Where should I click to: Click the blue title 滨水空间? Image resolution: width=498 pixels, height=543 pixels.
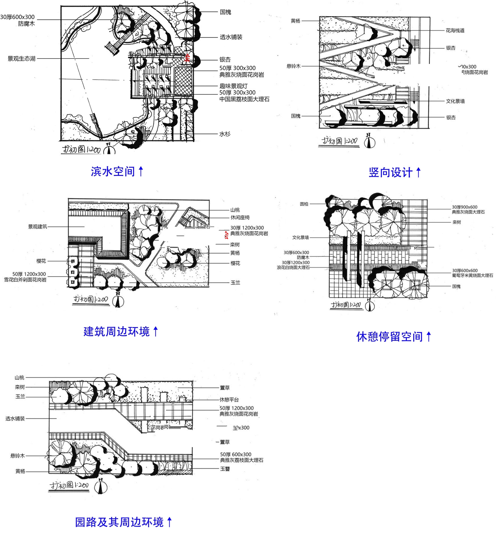113,171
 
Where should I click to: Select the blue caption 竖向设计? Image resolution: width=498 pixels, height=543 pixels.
390,173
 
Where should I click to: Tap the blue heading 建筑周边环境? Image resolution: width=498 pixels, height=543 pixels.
117,331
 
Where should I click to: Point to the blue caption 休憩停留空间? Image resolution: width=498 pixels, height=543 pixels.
389,337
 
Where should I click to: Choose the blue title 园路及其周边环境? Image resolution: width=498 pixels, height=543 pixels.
119,522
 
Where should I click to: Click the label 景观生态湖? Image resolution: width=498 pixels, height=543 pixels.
22,59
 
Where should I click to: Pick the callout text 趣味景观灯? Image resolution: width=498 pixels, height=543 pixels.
233,86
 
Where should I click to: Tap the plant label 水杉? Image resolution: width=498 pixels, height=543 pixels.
225,134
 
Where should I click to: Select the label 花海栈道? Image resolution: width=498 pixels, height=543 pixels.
455,31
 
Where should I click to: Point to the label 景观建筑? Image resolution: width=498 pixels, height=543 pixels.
37,227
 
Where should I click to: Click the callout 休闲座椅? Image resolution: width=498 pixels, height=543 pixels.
240,217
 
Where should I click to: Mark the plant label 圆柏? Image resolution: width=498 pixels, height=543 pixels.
304,204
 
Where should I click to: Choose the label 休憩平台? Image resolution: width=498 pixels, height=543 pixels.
229,400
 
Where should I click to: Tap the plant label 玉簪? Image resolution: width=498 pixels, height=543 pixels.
225,469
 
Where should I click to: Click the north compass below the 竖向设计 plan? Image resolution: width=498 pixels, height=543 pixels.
369,141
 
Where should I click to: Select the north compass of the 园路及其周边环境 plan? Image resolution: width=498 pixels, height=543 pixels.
101,486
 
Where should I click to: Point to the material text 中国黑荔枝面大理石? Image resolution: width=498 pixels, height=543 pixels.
244,99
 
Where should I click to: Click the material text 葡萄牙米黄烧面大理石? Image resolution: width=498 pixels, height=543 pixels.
472,275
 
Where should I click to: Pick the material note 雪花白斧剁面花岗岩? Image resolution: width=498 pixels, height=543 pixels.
25,280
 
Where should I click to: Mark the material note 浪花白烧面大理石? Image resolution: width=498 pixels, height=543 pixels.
293,268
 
